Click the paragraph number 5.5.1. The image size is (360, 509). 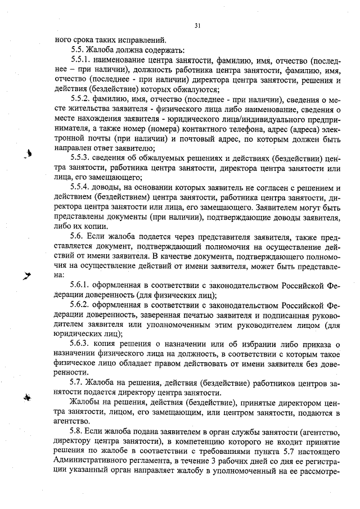(82, 58)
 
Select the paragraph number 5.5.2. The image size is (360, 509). (82, 100)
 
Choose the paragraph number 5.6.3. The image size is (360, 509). (82, 344)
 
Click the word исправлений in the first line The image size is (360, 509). (142, 39)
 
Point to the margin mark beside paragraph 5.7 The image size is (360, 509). (26, 397)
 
